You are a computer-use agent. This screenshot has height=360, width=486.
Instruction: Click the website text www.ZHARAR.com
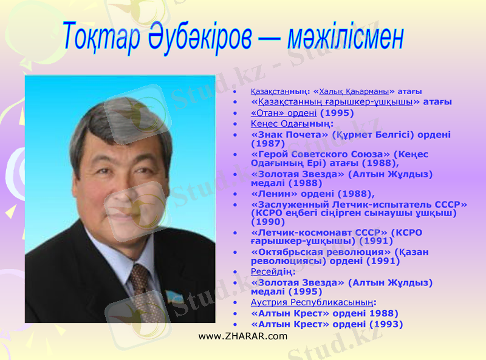coord(243,336)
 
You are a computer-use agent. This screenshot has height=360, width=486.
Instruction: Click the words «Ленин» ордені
coord(292,194)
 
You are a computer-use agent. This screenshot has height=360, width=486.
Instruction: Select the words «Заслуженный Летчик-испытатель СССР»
coord(359,204)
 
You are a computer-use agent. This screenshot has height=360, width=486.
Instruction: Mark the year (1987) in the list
coord(268,144)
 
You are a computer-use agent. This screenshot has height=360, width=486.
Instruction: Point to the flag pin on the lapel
coord(173,297)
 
